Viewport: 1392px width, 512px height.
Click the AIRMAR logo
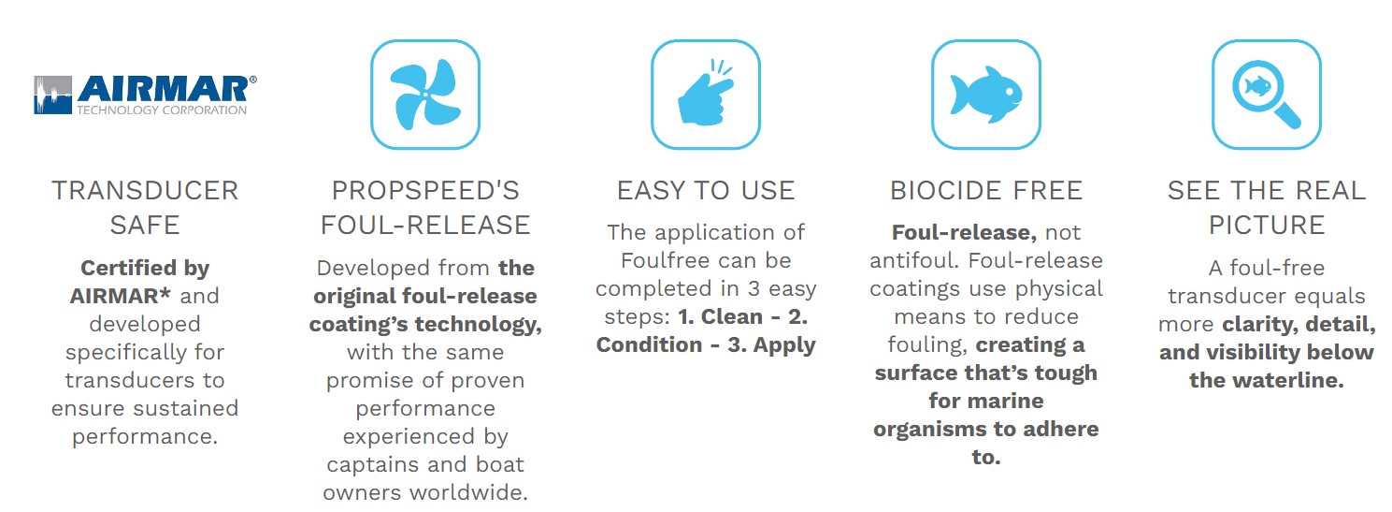pyautogui.click(x=145, y=95)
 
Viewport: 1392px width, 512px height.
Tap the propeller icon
pyautogui.click(x=425, y=95)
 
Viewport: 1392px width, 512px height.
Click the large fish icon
pyautogui.click(x=986, y=94)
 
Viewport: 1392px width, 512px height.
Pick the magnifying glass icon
pyautogui.click(x=1267, y=95)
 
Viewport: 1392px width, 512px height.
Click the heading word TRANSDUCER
pyautogui.click(x=145, y=190)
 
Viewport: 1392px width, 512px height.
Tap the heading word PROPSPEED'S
pyautogui.click(x=425, y=190)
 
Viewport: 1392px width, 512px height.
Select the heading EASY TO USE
pyautogui.click(x=706, y=190)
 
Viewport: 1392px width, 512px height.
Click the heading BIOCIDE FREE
pyautogui.click(x=986, y=190)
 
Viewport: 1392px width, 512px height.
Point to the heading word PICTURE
pyautogui.click(x=1267, y=225)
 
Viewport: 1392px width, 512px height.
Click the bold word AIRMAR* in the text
pyautogui.click(x=120, y=296)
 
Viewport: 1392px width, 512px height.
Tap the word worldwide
pyautogui.click(x=469, y=492)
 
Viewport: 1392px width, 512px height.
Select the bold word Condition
pyautogui.click(x=650, y=344)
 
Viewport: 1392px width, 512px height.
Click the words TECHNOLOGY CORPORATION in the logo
pyautogui.click(x=162, y=110)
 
